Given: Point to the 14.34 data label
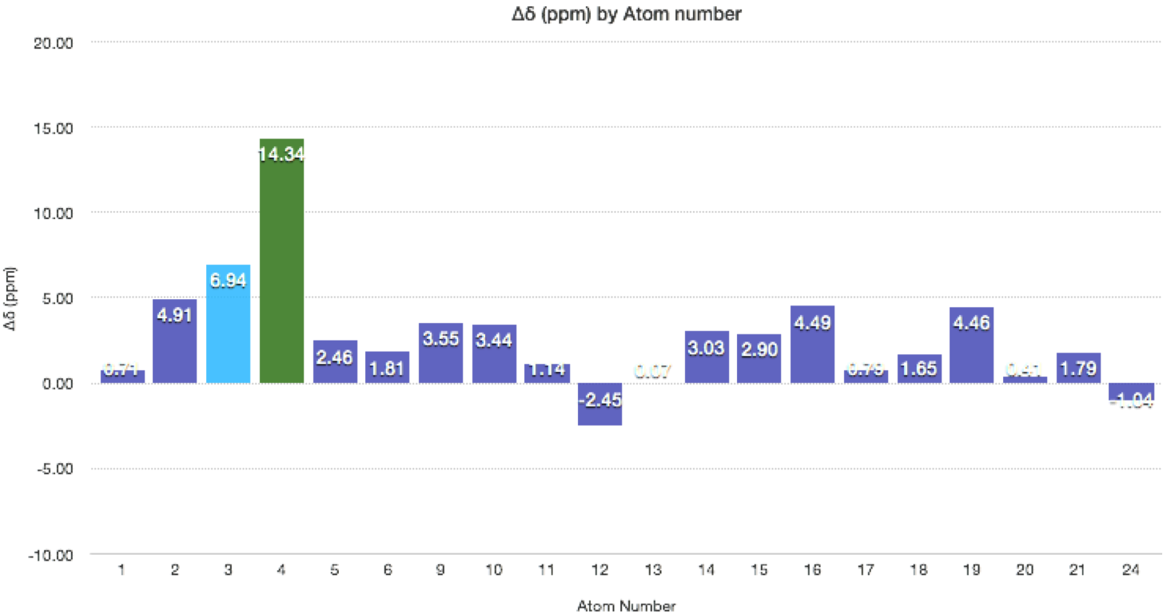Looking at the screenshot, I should [281, 154].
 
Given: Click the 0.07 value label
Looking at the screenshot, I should [653, 369].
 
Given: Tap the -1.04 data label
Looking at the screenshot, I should [1130, 400].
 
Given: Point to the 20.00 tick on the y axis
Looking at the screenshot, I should [54, 42].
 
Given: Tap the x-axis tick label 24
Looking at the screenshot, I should [1130, 569].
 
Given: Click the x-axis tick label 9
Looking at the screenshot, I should [440, 569].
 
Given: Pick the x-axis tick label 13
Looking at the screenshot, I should [653, 569].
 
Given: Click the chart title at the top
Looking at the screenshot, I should [627, 14].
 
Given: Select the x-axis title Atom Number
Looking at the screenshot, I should [627, 605].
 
